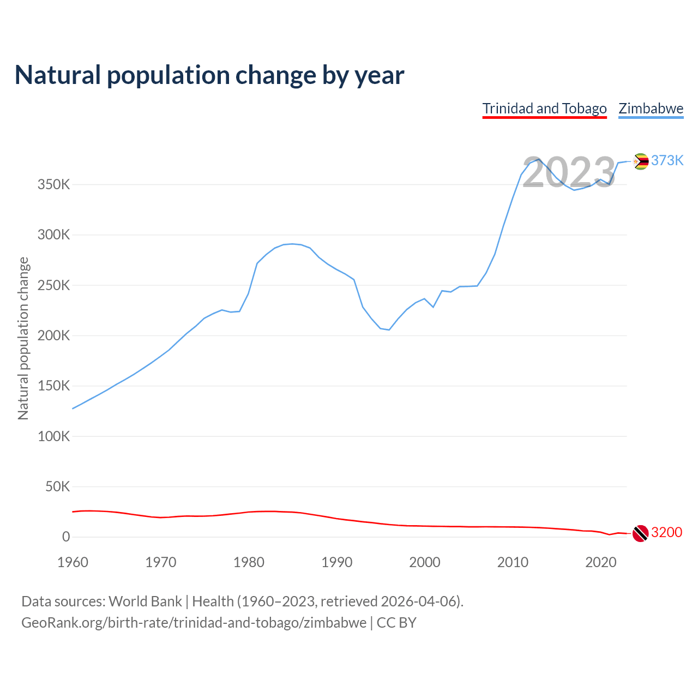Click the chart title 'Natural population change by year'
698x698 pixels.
[x=209, y=75]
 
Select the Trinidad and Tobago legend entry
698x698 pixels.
[x=544, y=109]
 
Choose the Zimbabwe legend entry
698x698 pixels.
[x=651, y=109]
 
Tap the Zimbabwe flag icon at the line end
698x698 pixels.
[x=641, y=161]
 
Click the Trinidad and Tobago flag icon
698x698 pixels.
[x=640, y=533]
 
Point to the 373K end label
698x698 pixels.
[x=667, y=160]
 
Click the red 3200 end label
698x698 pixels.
[x=666, y=532]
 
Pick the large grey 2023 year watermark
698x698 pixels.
[x=569, y=172]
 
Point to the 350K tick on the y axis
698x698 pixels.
[x=54, y=185]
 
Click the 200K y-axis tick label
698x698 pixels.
[x=54, y=336]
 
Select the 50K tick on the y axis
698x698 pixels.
[x=57, y=486]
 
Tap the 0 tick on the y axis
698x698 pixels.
[x=66, y=537]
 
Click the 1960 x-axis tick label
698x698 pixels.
[x=73, y=562]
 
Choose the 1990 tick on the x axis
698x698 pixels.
[x=336, y=562]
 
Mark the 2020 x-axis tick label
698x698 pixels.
[x=600, y=562]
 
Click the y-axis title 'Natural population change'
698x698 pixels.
[x=23, y=338]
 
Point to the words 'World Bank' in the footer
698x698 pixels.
[x=145, y=601]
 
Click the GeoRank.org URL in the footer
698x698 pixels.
[x=194, y=623]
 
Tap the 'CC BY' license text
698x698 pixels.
[x=396, y=623]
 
